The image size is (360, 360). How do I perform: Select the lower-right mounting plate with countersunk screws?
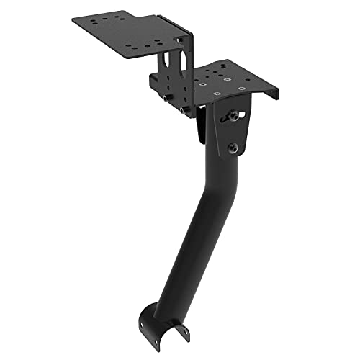click(230, 81)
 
